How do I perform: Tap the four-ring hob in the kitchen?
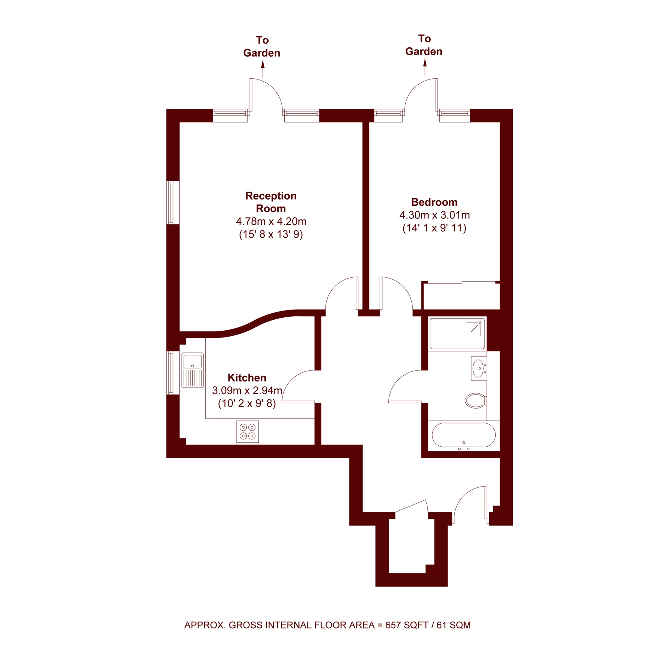tap(248, 432)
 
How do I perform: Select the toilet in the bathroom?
tap(476, 400)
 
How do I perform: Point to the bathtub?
tap(464, 435)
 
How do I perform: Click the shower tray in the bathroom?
tap(457, 333)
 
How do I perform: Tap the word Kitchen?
tap(247, 377)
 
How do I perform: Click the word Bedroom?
tap(434, 202)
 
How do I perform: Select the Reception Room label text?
tap(271, 202)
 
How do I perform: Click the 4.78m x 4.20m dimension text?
tap(271, 221)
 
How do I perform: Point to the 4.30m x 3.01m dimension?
tap(435, 215)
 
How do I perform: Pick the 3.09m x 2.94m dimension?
tap(247, 391)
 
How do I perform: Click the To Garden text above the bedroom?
tap(424, 45)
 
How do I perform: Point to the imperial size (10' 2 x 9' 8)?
tap(247, 404)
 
